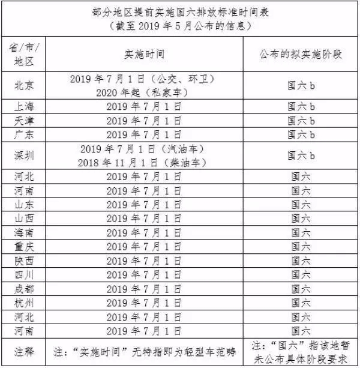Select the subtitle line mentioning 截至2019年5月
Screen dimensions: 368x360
coord(180,26)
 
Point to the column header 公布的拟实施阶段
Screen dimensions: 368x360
coord(301,55)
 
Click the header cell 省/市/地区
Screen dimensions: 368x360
coord(24,55)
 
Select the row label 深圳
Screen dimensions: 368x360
coord(24,155)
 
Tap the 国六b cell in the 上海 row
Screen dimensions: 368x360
coord(301,107)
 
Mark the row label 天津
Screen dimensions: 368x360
coord(24,120)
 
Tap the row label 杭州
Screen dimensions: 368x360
coord(24,302)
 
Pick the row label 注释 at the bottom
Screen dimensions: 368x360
coord(24,351)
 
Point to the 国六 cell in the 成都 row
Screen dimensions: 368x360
coord(301,288)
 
